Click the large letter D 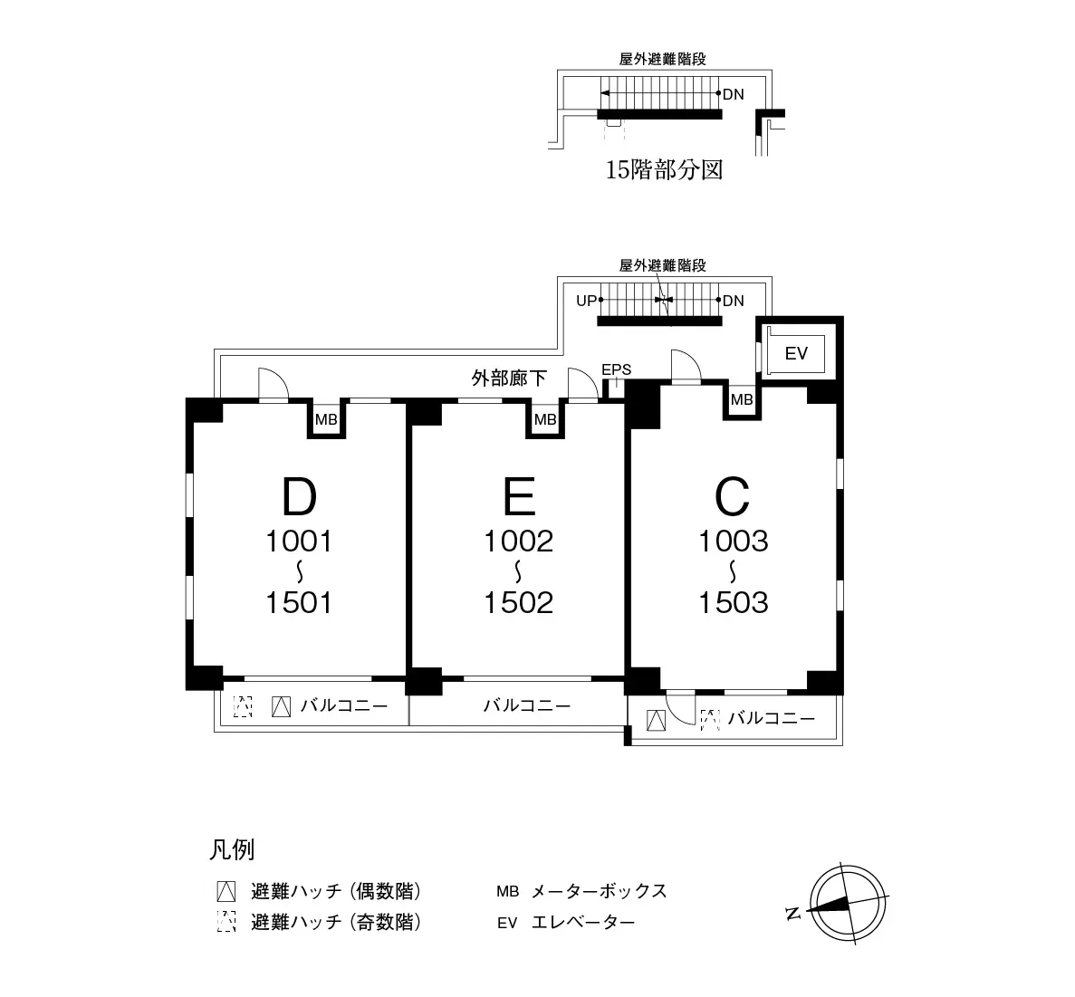299,496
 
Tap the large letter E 519,496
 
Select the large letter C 732,496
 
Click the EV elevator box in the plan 795,353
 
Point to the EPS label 617,369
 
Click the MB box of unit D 326,419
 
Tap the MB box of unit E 545,419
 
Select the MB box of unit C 742,399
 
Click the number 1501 299,603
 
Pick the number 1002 519,542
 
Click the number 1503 733,603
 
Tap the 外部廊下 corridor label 509,378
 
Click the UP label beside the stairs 586,301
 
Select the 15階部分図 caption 664,169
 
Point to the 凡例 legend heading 232,849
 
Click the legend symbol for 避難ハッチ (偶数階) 226,891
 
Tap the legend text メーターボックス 600,891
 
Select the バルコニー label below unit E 526,705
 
